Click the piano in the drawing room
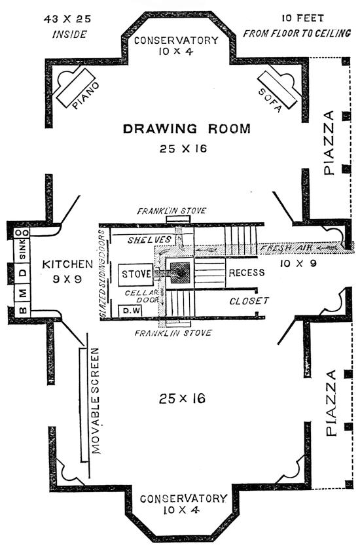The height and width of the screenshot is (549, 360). point(77,87)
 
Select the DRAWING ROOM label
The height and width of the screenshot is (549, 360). point(187,129)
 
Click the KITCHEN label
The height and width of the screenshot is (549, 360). point(68,264)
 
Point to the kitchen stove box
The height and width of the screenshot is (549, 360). point(135,274)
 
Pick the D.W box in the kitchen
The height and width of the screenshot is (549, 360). point(130,311)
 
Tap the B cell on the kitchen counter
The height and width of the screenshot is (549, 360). point(22,310)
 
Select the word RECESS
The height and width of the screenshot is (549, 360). point(247,273)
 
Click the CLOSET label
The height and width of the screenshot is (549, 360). point(249,301)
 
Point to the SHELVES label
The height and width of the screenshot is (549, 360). point(149,240)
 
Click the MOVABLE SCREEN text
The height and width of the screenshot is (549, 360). point(95,401)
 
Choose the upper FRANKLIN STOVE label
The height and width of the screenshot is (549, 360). point(171,211)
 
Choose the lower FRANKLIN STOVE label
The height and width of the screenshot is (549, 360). point(173,332)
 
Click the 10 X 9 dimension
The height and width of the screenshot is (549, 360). point(298,263)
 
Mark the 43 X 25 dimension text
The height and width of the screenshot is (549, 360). point(67,19)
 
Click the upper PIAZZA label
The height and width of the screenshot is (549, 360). point(330,143)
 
